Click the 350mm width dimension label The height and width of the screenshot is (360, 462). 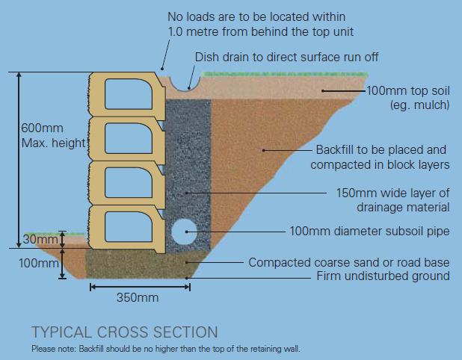click(138, 297)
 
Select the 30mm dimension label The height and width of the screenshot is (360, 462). click(40, 240)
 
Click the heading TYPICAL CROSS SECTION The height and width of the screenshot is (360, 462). click(125, 332)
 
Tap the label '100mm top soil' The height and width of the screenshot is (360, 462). click(408, 91)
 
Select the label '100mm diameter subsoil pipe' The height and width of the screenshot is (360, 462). click(369, 232)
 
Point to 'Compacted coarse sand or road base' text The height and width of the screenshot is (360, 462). click(349, 262)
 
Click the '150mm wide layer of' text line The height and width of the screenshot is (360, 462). click(393, 193)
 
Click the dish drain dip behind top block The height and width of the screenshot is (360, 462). click(180, 81)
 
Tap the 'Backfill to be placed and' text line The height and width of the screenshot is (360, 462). click(381, 149)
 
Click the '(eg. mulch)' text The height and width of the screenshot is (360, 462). click(419, 105)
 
